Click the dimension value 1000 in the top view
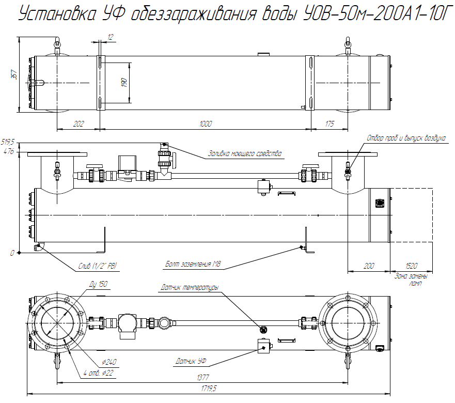(x=205, y=123)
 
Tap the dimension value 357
(x=14, y=74)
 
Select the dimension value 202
(x=78, y=123)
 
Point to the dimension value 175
(x=330, y=123)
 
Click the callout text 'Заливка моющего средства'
(x=245, y=153)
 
